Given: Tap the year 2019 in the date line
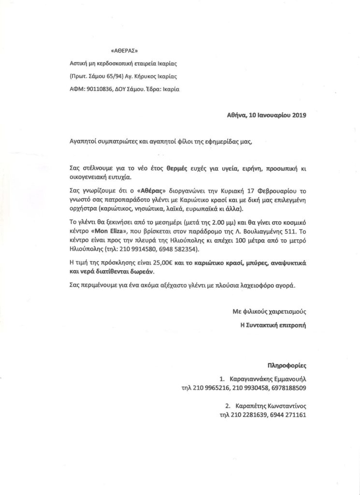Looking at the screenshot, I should [x=298, y=116].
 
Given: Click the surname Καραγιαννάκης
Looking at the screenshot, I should [x=253, y=379].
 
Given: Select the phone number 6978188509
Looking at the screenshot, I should [x=288, y=388].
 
